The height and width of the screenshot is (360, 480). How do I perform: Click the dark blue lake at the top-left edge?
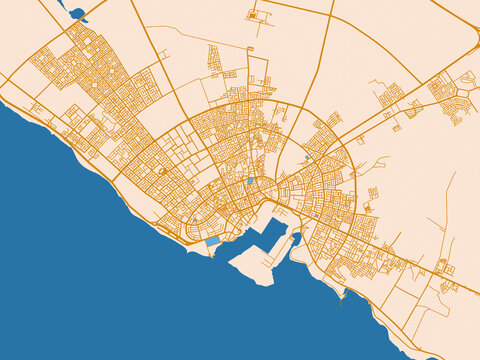click(x=76, y=13)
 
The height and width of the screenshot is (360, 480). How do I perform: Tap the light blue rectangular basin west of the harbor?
click(x=212, y=241)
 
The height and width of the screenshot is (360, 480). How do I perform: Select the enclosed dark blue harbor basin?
click(x=271, y=234)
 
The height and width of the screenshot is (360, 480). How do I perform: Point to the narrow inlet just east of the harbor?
click(x=296, y=239)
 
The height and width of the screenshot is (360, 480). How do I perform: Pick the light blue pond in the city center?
click(x=250, y=181)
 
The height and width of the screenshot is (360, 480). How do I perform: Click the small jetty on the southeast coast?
click(x=345, y=293)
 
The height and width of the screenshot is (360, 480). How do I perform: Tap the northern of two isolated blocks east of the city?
click(x=372, y=191)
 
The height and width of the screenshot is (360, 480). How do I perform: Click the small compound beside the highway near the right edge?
click(x=444, y=268)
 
